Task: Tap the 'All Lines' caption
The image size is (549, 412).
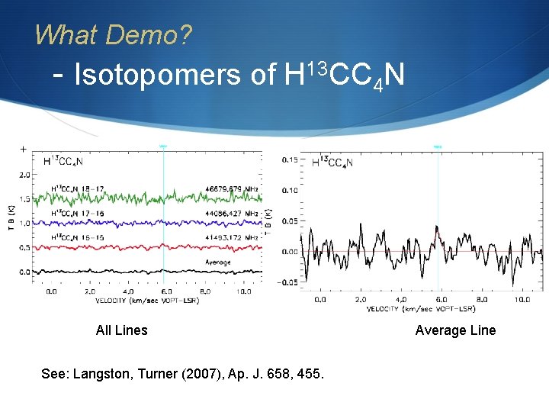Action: pos(122,330)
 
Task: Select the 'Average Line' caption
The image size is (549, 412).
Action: pos(455,330)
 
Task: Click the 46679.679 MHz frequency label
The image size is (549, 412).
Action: pos(232,188)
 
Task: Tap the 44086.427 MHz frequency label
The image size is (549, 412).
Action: pos(232,214)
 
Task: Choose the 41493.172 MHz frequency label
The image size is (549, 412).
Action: pos(232,238)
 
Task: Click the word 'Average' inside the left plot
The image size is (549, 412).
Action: pos(218,262)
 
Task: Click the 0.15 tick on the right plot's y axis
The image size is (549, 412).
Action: pos(290,160)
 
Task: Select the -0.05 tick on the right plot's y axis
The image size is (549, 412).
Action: pos(287,282)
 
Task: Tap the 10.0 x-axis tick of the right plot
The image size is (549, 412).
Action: pos(522,300)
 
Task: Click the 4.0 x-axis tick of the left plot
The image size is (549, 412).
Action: pos(128,291)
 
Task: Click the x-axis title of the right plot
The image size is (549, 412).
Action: pos(421,309)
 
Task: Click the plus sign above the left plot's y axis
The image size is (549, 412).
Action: pos(24,149)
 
